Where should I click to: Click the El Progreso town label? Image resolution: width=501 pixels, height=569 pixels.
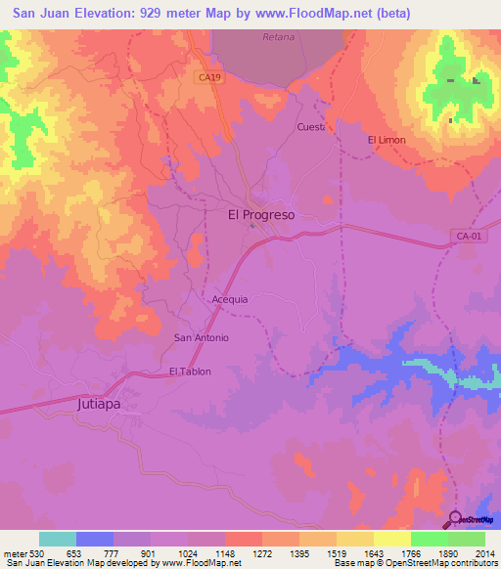pyautogui.click(x=260, y=214)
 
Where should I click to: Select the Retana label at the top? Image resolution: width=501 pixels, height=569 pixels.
pyautogui.click(x=278, y=36)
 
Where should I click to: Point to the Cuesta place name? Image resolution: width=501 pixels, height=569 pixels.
pyautogui.click(x=310, y=127)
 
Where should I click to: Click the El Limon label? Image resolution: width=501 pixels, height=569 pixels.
pyautogui.click(x=386, y=140)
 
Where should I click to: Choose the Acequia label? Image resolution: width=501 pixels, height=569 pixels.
pyautogui.click(x=231, y=299)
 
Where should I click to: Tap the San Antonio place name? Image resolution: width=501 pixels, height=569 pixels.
pyautogui.click(x=201, y=337)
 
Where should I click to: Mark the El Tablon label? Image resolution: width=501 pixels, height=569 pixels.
pyautogui.click(x=190, y=372)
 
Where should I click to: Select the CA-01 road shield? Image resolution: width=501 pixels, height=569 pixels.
pyautogui.click(x=469, y=236)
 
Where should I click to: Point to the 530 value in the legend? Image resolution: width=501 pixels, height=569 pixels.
pyautogui.click(x=37, y=553)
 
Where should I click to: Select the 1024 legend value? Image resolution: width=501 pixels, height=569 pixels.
pyautogui.click(x=188, y=553)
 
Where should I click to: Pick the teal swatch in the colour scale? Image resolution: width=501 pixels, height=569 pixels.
pyautogui.click(x=58, y=539)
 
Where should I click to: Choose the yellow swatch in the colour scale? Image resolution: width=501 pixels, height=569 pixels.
pyautogui.click(x=392, y=539)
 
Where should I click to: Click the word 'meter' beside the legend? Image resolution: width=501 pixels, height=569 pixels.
pyautogui.click(x=15, y=553)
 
